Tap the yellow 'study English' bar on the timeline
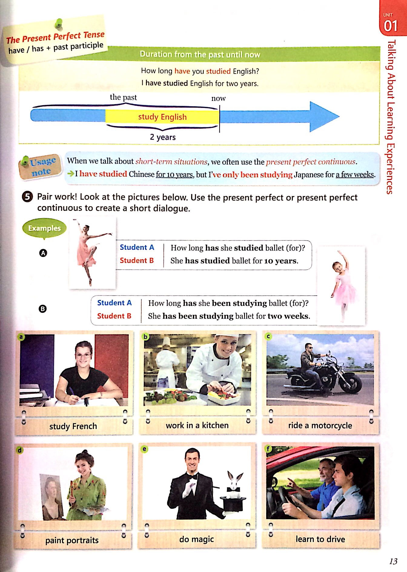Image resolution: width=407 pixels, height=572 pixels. coord(162,117)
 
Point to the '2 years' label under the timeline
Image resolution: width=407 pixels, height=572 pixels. coord(163,137)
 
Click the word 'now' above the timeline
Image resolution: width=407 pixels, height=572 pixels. coord(218,98)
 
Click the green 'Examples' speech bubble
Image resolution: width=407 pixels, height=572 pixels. coord(44,228)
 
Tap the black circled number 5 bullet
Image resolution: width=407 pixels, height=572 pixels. coord(27,197)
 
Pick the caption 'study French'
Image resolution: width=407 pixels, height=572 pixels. coord(73,426)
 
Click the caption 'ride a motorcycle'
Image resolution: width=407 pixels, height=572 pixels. coord(320,425)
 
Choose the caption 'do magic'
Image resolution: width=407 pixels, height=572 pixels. coord(196,539)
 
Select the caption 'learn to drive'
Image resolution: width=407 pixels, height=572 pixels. coord(320,539)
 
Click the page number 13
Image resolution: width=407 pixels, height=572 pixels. coord(393,561)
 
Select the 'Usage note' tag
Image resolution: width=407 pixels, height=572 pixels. coord(40,166)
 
